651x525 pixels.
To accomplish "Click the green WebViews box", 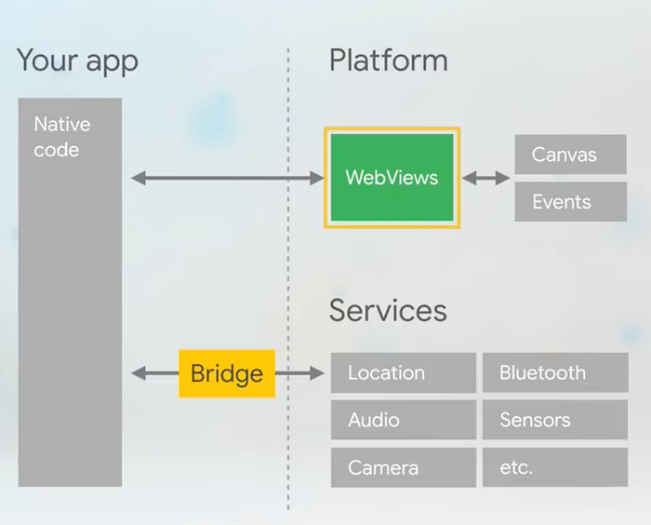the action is pyautogui.click(x=392, y=178).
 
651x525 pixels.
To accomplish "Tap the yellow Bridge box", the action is pyautogui.click(x=227, y=373).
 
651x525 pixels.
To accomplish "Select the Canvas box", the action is pyautogui.click(x=570, y=155).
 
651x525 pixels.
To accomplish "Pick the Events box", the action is pyautogui.click(x=570, y=202).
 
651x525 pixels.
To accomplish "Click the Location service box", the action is pyautogui.click(x=403, y=373).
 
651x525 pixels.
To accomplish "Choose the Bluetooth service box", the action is pyautogui.click(x=555, y=372).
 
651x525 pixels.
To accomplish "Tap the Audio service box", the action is pyautogui.click(x=403, y=420).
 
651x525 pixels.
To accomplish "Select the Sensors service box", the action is pyautogui.click(x=555, y=420).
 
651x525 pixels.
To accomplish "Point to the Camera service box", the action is pyautogui.click(x=403, y=467).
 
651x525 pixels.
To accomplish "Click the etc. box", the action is pyautogui.click(x=555, y=467).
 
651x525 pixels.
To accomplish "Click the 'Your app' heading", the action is pyautogui.click(x=77, y=61).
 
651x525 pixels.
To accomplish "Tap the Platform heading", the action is pyautogui.click(x=388, y=61).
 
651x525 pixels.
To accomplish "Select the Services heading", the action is pyautogui.click(x=388, y=310).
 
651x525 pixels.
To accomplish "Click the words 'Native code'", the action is pyautogui.click(x=62, y=137).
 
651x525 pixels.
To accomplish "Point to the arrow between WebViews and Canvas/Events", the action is pyautogui.click(x=485, y=179).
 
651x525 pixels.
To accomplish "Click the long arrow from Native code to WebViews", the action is pyautogui.click(x=227, y=179).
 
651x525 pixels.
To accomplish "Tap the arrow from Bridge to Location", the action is pyautogui.click(x=299, y=373).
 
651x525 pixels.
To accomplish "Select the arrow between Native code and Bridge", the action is pyautogui.click(x=155, y=373).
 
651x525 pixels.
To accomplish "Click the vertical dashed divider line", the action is pyautogui.click(x=288, y=278).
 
